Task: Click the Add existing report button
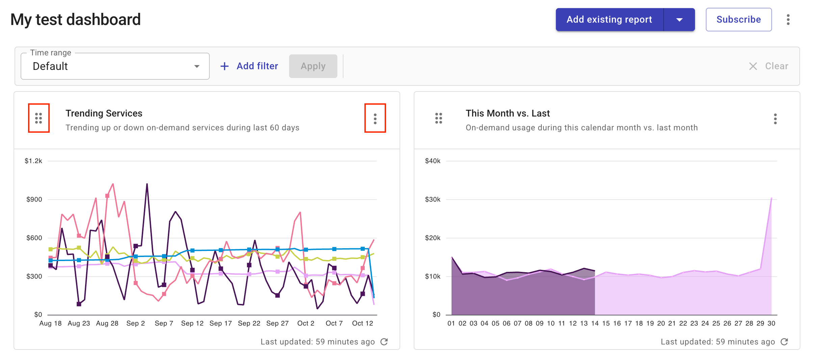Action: click(x=609, y=20)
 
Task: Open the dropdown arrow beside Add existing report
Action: click(x=679, y=20)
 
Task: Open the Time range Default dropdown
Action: click(x=115, y=66)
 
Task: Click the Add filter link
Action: click(x=249, y=66)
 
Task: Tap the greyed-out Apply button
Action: click(x=313, y=66)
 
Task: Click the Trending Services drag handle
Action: click(x=38, y=118)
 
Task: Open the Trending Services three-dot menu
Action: click(x=375, y=119)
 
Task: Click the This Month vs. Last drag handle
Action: click(x=438, y=118)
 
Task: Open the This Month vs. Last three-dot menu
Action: click(x=775, y=119)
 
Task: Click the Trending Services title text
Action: click(x=104, y=113)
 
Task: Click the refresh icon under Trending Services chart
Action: click(x=384, y=342)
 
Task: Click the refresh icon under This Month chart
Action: click(x=784, y=342)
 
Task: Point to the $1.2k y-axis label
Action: click(x=33, y=161)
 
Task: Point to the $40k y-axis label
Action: click(x=433, y=161)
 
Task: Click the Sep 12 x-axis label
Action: click(x=192, y=323)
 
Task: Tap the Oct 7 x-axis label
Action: click(x=334, y=323)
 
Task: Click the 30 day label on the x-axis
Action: click(x=771, y=323)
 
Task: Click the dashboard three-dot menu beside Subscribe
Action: click(x=788, y=20)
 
